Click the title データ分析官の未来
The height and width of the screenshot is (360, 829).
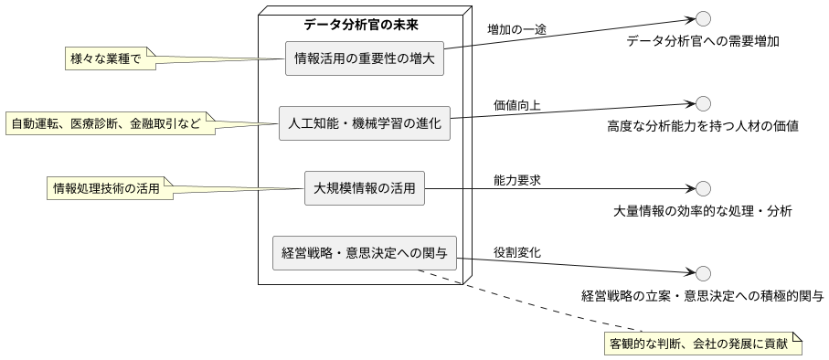pyautogui.click(x=362, y=25)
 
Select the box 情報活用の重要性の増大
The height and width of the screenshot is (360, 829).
pyautogui.click(x=365, y=58)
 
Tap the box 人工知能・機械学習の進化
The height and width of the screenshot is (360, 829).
pyautogui.click(x=365, y=122)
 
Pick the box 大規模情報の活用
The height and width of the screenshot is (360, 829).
pyautogui.click(x=365, y=188)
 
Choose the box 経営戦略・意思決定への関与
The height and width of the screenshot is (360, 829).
pyautogui.click(x=365, y=252)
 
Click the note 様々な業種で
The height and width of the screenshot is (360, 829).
pyautogui.click(x=105, y=59)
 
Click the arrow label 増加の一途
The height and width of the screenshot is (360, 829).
pyautogui.click(x=516, y=29)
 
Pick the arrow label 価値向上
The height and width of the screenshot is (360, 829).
pyautogui.click(x=516, y=105)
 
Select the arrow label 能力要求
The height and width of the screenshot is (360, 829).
pyautogui.click(x=516, y=180)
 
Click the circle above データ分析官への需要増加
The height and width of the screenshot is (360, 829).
pyautogui.click(x=703, y=18)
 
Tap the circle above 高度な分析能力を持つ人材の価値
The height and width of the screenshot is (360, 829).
pyautogui.click(x=703, y=103)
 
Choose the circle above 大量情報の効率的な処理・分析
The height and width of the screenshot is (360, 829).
pyautogui.click(x=703, y=188)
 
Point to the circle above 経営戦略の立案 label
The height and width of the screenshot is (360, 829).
pyautogui.click(x=703, y=273)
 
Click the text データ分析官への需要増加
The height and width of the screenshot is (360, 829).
pyautogui.click(x=703, y=41)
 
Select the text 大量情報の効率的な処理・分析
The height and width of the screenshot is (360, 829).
pyautogui.click(x=703, y=211)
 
